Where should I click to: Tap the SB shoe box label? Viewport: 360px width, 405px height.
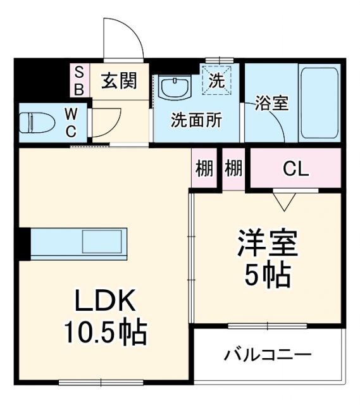coord(79,80)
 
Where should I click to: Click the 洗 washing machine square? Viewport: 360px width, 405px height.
coord(217,81)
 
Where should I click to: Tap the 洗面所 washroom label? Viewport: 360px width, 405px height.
coord(196,120)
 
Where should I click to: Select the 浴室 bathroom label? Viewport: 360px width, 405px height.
coord(272,104)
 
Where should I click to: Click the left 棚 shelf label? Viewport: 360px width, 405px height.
coord(204,169)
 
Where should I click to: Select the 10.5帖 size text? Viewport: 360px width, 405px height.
coord(105,332)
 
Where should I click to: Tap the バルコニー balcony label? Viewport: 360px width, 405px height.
coord(268,354)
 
